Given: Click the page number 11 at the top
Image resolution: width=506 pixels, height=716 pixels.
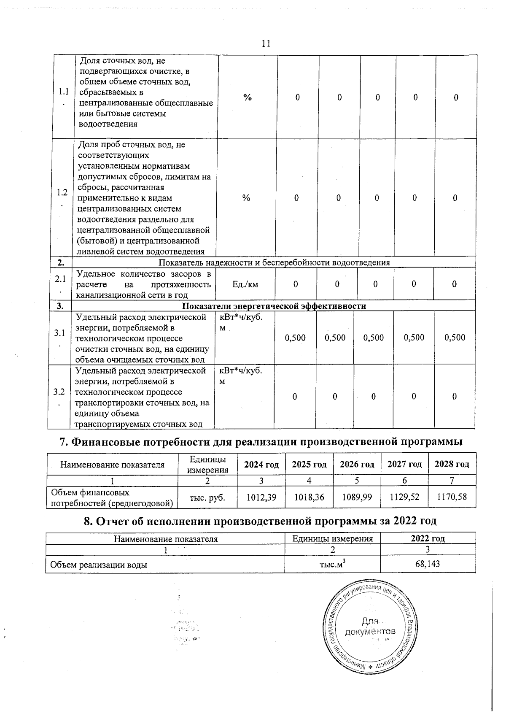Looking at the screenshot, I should pos(266,43).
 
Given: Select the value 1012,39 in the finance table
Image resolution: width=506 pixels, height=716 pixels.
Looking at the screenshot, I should pos(261,497).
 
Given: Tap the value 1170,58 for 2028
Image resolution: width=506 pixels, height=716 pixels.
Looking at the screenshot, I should pos(452,497).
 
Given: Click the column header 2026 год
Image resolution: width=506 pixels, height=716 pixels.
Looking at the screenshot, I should pos(357,465).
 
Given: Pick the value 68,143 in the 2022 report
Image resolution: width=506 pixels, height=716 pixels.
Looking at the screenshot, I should pos(428,564).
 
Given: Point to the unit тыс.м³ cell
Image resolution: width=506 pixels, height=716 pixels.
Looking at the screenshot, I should pos(332,564).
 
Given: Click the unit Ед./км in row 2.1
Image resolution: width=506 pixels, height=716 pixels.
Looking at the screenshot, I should pos(245,284).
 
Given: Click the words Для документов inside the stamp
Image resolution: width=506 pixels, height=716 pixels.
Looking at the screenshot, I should pos(370,626).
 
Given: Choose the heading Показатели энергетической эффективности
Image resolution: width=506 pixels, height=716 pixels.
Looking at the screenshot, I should pos(274,306).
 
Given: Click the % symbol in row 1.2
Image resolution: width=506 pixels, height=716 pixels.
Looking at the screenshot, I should pos(246,198).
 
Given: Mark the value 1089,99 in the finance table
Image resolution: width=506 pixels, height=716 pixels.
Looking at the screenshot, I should pos(357,497).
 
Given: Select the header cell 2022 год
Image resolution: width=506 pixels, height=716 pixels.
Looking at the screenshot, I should pos(428,539).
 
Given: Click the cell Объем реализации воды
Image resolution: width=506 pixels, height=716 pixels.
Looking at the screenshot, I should pos(99,565).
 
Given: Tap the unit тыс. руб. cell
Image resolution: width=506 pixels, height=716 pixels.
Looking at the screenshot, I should pos(207,498).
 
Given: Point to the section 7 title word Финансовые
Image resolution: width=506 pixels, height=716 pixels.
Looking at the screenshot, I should pos(107,442).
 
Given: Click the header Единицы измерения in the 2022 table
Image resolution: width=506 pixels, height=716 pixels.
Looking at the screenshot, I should pos(332,539).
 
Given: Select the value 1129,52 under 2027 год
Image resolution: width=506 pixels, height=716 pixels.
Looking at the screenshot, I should pos(404,497).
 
